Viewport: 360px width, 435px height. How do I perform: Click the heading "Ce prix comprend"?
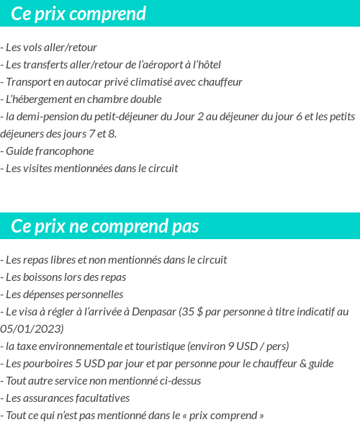78,14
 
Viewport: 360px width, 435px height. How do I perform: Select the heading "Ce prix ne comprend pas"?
104,227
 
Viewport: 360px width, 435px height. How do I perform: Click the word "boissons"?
45,277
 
